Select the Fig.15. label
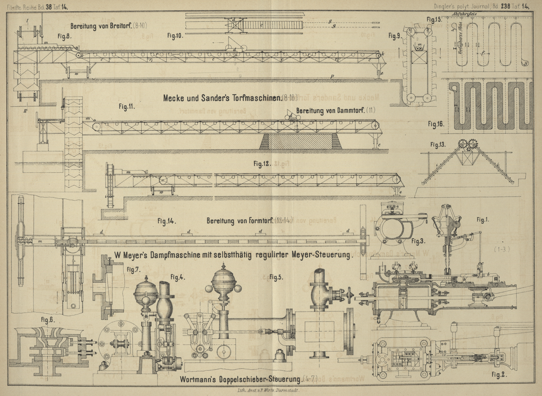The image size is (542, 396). [x=434, y=19]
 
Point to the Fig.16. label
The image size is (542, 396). [x=436, y=124]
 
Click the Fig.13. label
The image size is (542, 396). [x=438, y=145]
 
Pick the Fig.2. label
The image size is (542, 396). [x=499, y=375]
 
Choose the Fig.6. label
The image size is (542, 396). [x=48, y=320]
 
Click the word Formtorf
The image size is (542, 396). [x=261, y=221]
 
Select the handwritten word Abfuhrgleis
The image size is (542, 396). [x=464, y=14]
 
